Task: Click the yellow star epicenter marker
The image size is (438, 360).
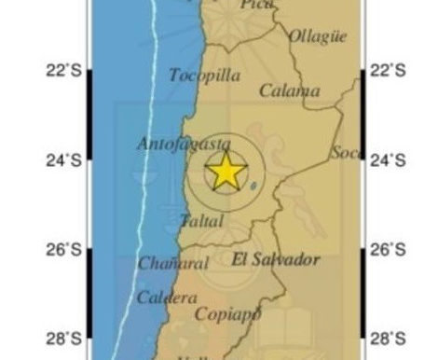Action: point(226,173)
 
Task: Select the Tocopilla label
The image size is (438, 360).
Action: point(204,75)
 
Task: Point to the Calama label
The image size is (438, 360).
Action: point(289,90)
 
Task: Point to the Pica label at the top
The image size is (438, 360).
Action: point(258,5)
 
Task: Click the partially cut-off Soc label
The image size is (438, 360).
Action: point(345,151)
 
